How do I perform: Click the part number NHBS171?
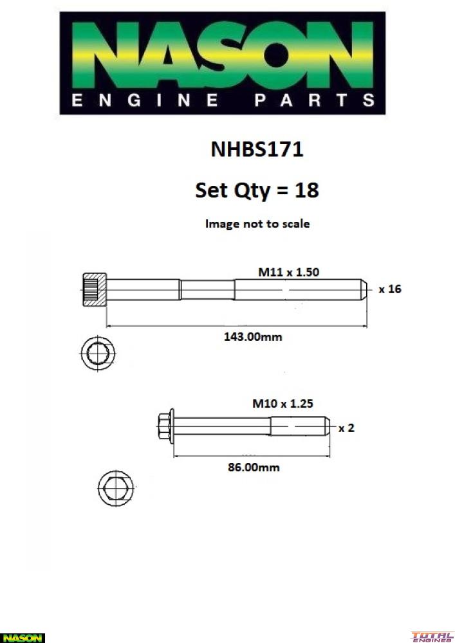257,149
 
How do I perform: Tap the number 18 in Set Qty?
306,190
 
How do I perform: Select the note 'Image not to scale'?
257,224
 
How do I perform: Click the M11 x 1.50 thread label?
288,272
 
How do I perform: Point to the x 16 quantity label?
390,289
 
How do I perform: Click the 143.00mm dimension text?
253,337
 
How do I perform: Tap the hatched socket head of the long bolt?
95,289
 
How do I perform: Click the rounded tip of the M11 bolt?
364,289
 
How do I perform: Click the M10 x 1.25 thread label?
283,404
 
